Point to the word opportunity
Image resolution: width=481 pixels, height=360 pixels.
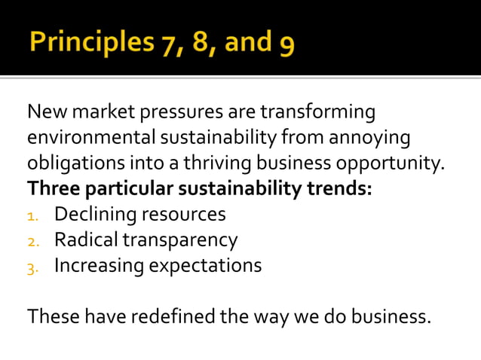[x=397, y=163]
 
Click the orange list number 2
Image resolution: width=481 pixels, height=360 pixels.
[x=32, y=242]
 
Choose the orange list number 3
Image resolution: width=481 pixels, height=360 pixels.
[x=32, y=267]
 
